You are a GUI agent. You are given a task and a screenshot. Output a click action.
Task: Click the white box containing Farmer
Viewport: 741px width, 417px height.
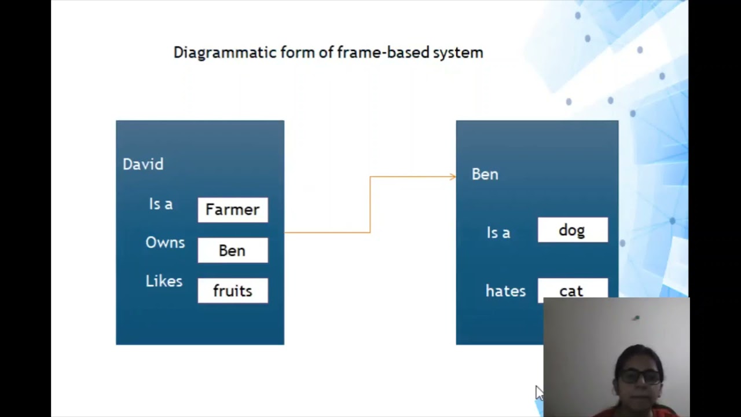tap(233, 210)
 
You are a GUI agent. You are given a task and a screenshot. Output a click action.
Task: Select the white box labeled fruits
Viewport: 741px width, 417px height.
tap(233, 291)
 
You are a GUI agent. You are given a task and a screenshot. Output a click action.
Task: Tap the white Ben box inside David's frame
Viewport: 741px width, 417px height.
tap(233, 250)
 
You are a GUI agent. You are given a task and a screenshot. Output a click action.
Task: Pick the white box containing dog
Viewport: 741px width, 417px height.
tap(573, 231)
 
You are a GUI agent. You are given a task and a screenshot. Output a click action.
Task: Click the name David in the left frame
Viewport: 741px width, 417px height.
tap(143, 164)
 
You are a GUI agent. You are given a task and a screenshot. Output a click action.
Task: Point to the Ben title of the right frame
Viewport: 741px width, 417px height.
tap(485, 174)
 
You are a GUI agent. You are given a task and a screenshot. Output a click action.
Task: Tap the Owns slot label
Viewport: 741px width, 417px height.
tap(165, 243)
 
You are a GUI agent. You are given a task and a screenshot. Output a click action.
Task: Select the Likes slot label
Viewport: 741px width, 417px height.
tap(164, 281)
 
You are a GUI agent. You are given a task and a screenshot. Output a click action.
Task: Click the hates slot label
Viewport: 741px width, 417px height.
tap(505, 291)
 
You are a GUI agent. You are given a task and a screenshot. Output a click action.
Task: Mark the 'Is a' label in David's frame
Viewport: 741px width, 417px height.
tap(160, 204)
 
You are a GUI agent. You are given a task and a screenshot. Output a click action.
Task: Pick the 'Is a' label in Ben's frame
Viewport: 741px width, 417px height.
tap(498, 233)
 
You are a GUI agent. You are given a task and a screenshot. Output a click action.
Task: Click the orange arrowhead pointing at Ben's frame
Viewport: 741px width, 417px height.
tap(453, 177)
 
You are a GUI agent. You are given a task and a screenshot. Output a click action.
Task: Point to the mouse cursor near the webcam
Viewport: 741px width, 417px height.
tap(538, 393)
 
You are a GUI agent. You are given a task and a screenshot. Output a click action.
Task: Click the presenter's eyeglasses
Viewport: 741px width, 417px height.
tap(640, 376)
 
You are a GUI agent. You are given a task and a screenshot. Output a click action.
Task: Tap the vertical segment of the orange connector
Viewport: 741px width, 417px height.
tap(370, 204)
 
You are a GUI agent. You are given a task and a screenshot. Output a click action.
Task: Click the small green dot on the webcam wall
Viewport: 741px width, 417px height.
tap(636, 318)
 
